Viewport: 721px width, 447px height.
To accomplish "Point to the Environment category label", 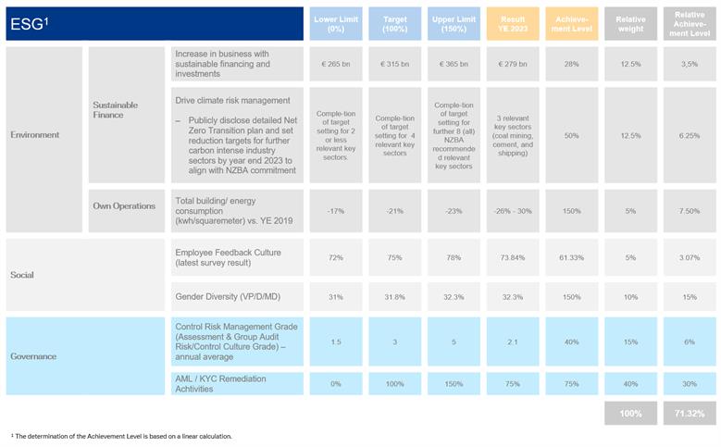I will (x=35, y=135).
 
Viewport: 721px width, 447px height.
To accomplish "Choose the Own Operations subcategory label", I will (x=123, y=206).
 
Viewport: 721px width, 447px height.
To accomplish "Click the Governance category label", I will (x=34, y=356).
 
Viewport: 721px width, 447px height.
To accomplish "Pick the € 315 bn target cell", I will (x=395, y=65).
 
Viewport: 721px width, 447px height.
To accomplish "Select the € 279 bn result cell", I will (x=514, y=65).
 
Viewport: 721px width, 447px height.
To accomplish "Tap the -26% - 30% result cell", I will (x=514, y=211).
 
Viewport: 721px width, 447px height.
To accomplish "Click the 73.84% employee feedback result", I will (x=514, y=257).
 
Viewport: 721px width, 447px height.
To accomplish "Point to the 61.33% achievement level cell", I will (x=572, y=257).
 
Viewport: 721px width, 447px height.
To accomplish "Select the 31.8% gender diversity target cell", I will (x=395, y=297).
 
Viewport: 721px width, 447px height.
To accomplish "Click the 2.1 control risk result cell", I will (x=514, y=341).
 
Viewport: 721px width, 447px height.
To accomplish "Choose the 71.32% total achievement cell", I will (x=690, y=413).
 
